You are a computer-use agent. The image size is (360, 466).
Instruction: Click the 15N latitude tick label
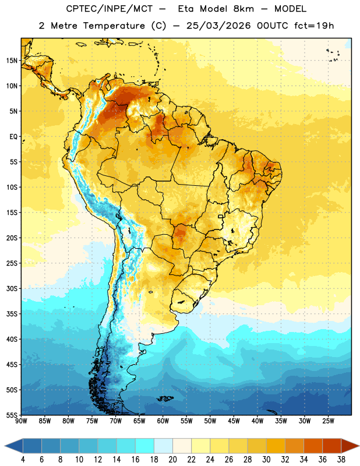tap(12, 61)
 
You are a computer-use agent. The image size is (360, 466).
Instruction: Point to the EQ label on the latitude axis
tap(13, 137)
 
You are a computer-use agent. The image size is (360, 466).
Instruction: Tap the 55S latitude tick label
tap(12, 415)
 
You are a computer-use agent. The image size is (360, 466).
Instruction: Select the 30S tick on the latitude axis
tap(12, 288)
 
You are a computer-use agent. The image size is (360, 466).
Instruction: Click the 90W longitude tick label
tap(22, 421)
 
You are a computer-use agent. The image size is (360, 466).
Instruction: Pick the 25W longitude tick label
tap(328, 421)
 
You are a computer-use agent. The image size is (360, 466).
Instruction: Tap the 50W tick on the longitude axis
tap(210, 421)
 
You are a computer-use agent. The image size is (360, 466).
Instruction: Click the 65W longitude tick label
tap(139, 421)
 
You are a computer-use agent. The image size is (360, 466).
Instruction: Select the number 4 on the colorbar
tap(23, 460)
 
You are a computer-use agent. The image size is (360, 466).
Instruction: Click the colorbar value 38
tap(341, 460)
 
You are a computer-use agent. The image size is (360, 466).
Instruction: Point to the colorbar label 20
tap(172, 460)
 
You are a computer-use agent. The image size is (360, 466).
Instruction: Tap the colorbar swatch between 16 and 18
tap(144, 446)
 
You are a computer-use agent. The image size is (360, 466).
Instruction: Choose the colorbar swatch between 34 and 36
tap(313, 446)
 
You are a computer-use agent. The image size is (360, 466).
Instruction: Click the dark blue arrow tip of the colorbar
tap(5, 446)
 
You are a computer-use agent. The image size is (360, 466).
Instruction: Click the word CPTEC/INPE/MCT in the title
tap(110, 9)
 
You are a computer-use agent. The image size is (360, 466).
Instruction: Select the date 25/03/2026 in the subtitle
tap(218, 26)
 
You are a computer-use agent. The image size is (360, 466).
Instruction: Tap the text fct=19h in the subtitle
tap(314, 26)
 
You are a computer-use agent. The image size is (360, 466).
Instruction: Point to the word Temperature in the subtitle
tap(114, 26)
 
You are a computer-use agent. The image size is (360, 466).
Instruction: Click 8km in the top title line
tap(243, 9)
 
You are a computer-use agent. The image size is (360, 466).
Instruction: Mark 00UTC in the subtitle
tap(273, 26)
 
